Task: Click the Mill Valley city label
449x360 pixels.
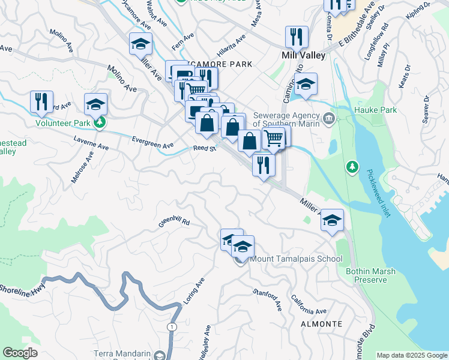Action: click(x=303, y=55)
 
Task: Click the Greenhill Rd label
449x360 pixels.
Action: click(x=174, y=222)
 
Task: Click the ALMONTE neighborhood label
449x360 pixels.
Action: click(x=322, y=324)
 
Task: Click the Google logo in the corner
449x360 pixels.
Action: click(x=20, y=353)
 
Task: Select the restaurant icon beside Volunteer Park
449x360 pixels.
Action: click(x=41, y=101)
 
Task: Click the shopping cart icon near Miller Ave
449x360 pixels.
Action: click(x=273, y=137)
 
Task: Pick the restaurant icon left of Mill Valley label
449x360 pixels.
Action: click(x=297, y=37)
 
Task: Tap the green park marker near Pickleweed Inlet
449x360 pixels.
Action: click(x=353, y=166)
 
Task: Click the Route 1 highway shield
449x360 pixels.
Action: click(x=172, y=326)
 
